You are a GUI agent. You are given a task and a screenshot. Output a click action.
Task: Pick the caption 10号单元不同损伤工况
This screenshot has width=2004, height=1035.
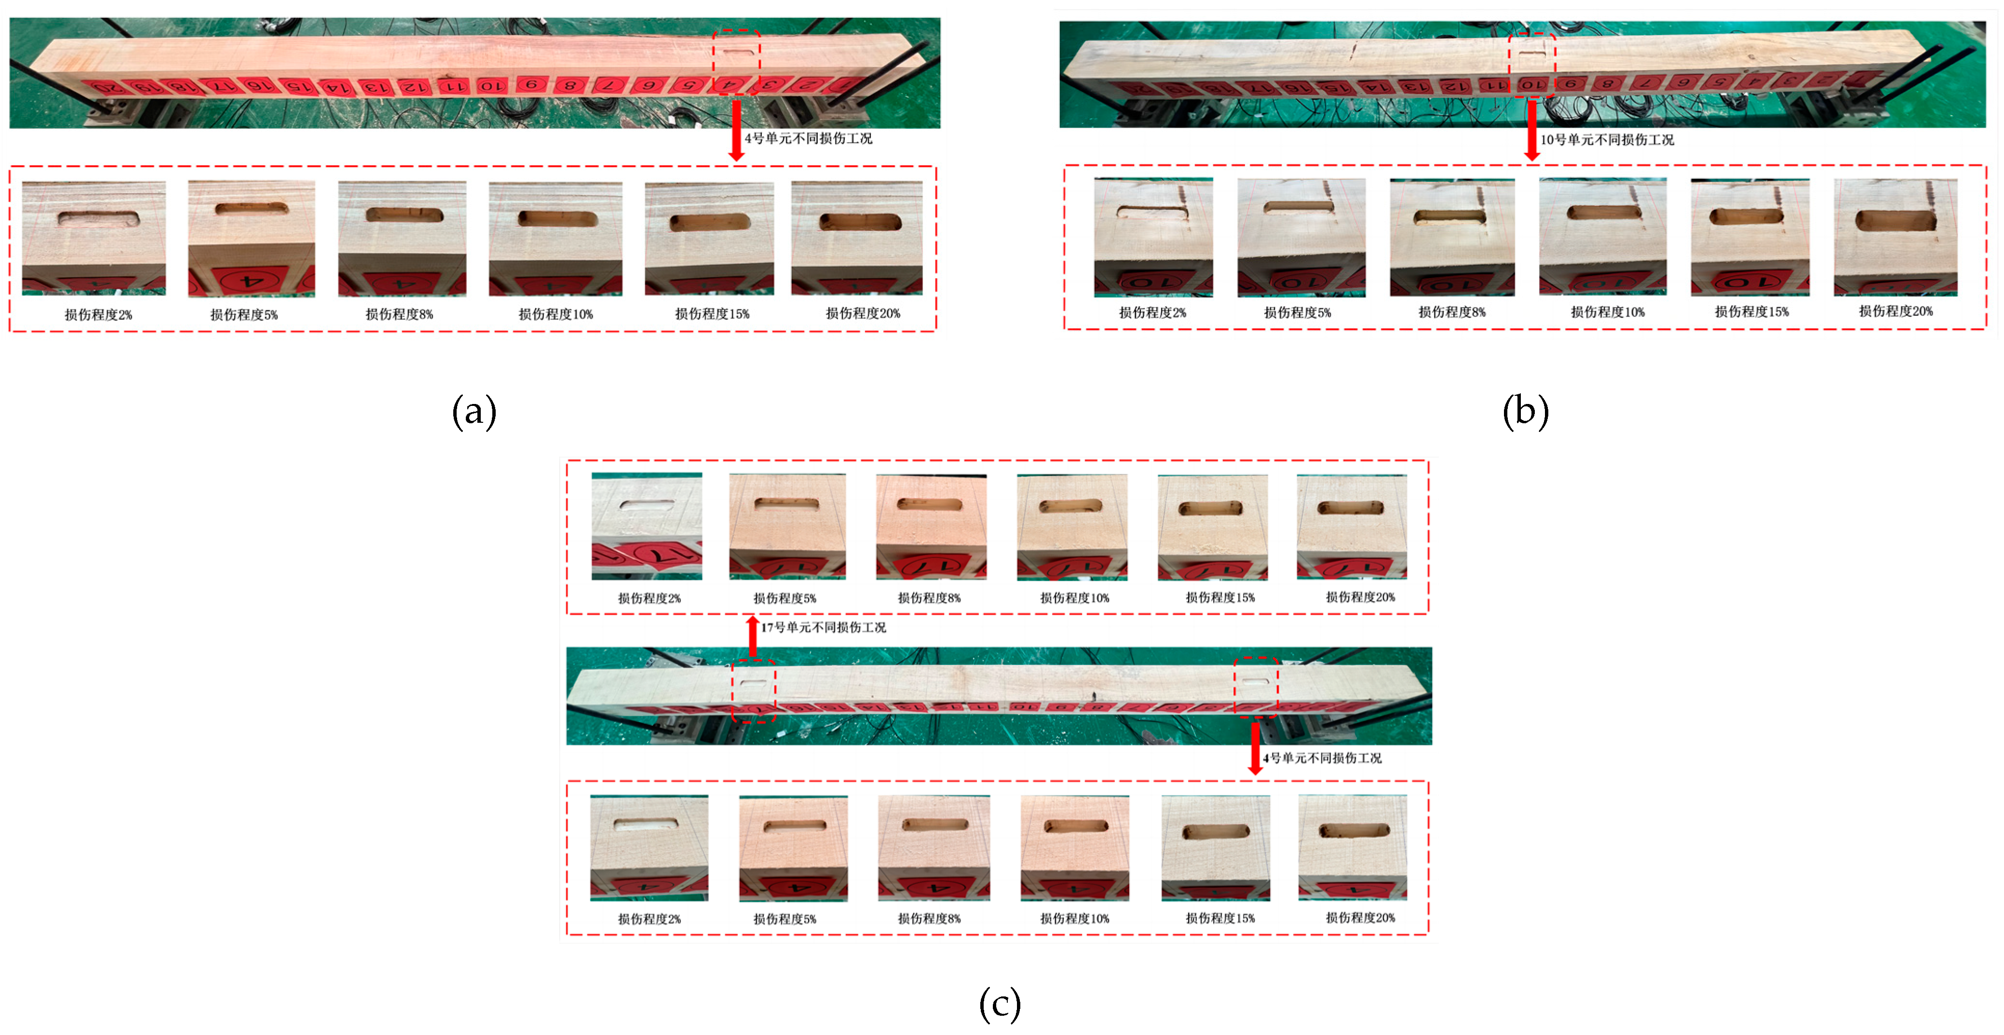(1607, 140)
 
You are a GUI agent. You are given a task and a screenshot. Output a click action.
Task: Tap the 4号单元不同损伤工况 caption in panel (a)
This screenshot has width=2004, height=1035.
(808, 138)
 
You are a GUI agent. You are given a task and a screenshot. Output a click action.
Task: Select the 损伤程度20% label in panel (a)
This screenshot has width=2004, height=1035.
(863, 313)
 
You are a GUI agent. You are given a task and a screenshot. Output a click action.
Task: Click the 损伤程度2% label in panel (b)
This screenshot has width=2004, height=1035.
(1152, 312)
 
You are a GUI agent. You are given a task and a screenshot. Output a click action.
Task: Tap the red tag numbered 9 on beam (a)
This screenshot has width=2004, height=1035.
(530, 84)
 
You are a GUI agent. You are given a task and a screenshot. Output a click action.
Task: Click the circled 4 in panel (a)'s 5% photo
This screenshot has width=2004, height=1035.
(249, 281)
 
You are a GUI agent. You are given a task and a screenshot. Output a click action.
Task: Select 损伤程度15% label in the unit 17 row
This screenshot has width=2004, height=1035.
(1220, 597)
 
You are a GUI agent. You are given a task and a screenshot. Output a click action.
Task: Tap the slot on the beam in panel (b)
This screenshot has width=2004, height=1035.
(1532, 55)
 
